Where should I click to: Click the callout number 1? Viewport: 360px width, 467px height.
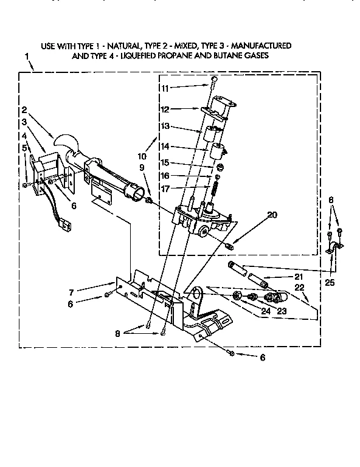27,57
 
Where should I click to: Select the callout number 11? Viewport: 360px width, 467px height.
165,88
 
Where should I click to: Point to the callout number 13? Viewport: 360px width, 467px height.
165,127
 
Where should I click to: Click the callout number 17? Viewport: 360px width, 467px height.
165,189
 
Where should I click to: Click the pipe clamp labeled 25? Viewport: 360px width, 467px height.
333,247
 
